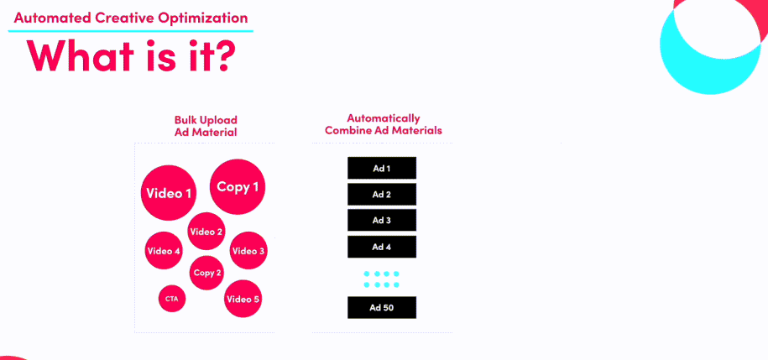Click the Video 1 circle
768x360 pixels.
pyautogui.click(x=169, y=193)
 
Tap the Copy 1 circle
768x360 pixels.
pyautogui.click(x=238, y=186)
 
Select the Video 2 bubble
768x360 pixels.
pyautogui.click(x=206, y=231)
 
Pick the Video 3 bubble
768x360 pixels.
pyautogui.click(x=248, y=251)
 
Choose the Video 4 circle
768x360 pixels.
pyautogui.click(x=164, y=251)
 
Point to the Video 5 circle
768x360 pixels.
pyautogui.click(x=243, y=299)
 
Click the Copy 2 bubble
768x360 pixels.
pyautogui.click(x=206, y=273)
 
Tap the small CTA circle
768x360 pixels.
pyautogui.click(x=172, y=298)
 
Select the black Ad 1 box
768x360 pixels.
pyautogui.click(x=382, y=168)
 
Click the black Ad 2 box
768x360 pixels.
pyautogui.click(x=382, y=194)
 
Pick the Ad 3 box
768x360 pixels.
pyautogui.click(x=382, y=220)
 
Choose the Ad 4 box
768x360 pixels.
pyautogui.click(x=382, y=247)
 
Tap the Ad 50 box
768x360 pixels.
pyautogui.click(x=382, y=308)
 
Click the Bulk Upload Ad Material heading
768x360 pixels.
pyautogui.click(x=206, y=126)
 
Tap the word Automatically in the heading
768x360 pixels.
pyautogui.click(x=384, y=118)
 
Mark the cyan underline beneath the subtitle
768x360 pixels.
pyautogui.click(x=131, y=31)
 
